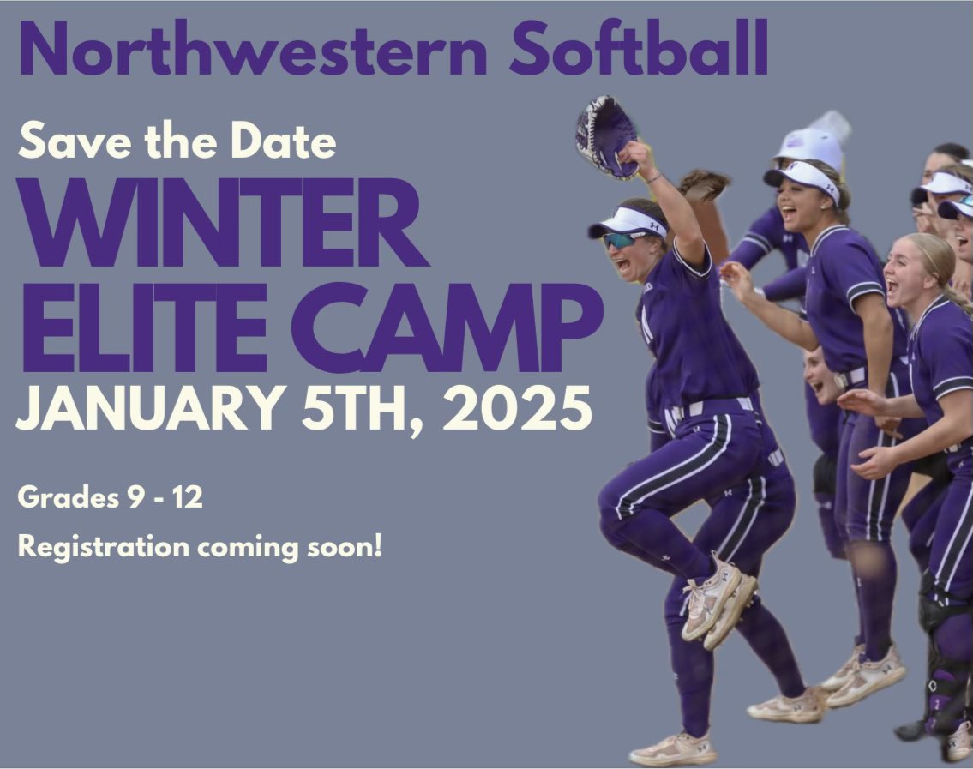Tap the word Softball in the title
point(638,50)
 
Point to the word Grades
point(63,498)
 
